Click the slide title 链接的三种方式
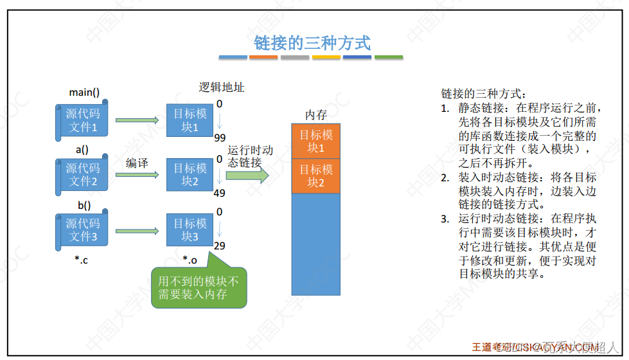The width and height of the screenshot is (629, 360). point(312,43)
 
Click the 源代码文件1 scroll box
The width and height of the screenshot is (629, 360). point(82,120)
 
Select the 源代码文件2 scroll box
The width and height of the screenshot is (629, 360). point(82,174)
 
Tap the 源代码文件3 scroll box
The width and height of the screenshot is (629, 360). point(82,230)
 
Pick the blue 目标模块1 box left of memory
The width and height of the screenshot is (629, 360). point(190,120)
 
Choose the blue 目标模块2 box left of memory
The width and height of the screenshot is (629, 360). point(190,174)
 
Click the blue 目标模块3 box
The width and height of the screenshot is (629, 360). point(190,230)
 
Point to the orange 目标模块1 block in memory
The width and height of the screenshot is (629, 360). point(317,141)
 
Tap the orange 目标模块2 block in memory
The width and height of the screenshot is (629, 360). point(317,175)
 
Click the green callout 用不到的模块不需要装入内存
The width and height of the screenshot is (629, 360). point(198,287)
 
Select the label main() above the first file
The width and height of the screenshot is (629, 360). point(84,93)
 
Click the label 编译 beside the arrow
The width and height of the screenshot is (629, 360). point(137,163)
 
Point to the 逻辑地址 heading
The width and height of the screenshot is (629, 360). point(222,87)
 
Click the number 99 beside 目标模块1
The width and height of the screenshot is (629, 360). point(220,138)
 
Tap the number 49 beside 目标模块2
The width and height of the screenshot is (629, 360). point(220,193)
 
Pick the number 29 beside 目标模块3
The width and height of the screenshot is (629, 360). point(220,246)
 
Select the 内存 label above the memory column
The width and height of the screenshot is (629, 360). point(316,115)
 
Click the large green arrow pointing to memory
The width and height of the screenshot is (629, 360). point(247,176)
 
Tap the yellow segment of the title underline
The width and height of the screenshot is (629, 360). point(326,57)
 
